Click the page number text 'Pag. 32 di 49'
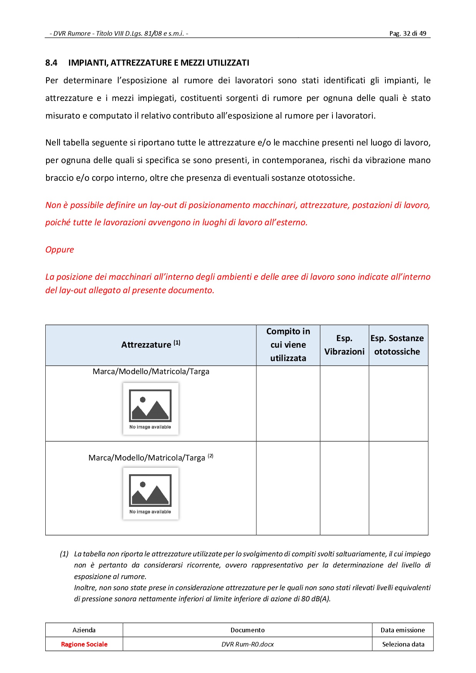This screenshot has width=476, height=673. pyautogui.click(x=407, y=33)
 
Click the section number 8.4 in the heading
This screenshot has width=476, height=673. pyautogui.click(x=51, y=63)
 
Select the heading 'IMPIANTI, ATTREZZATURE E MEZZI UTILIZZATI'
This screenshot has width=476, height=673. pyautogui.click(x=159, y=63)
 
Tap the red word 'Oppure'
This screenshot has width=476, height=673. pyautogui.click(x=59, y=249)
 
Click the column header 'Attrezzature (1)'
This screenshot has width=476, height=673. pyautogui.click(x=150, y=345)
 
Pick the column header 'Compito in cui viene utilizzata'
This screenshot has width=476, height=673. pyautogui.click(x=288, y=345)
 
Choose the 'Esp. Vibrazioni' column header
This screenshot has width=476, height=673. pyautogui.click(x=344, y=345)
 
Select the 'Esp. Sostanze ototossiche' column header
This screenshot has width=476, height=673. pyautogui.click(x=397, y=345)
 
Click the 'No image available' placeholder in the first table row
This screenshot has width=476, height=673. pyautogui.click(x=150, y=409)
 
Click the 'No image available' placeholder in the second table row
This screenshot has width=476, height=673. pyautogui.click(x=150, y=493)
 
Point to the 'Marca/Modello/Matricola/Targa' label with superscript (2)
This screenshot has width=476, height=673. pyautogui.click(x=150, y=457)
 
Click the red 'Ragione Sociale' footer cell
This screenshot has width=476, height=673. pyautogui.click(x=84, y=644)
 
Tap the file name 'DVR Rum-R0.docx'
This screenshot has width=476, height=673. pyautogui.click(x=248, y=644)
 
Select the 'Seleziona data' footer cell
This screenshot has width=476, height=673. pyautogui.click(x=403, y=644)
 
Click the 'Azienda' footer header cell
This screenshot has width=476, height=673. pyautogui.click(x=84, y=630)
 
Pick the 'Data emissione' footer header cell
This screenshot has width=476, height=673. pyautogui.click(x=403, y=630)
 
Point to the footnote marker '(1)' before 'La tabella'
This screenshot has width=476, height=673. pyautogui.click(x=64, y=554)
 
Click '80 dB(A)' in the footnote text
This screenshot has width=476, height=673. pyautogui.click(x=316, y=599)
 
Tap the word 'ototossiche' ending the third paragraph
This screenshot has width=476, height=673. pyautogui.click(x=330, y=178)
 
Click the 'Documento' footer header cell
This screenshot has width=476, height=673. pyautogui.click(x=248, y=630)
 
